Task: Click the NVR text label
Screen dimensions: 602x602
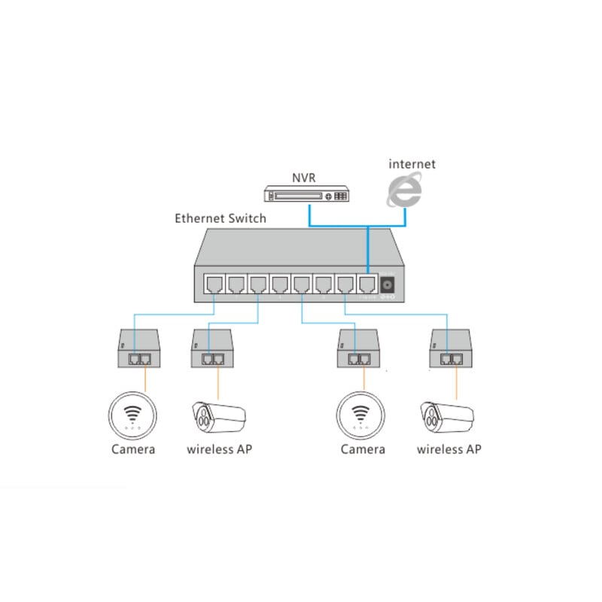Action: click(x=303, y=178)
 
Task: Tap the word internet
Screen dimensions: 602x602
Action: click(x=412, y=163)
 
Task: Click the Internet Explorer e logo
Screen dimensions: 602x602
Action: click(x=405, y=190)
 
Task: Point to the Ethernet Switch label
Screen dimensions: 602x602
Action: click(x=220, y=219)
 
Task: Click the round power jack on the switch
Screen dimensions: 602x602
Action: click(x=388, y=286)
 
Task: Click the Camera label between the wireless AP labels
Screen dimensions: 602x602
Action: click(x=363, y=449)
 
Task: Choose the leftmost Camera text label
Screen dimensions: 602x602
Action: click(x=133, y=449)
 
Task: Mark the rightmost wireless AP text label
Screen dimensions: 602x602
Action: click(x=449, y=449)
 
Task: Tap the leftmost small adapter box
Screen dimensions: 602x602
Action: click(x=138, y=348)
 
